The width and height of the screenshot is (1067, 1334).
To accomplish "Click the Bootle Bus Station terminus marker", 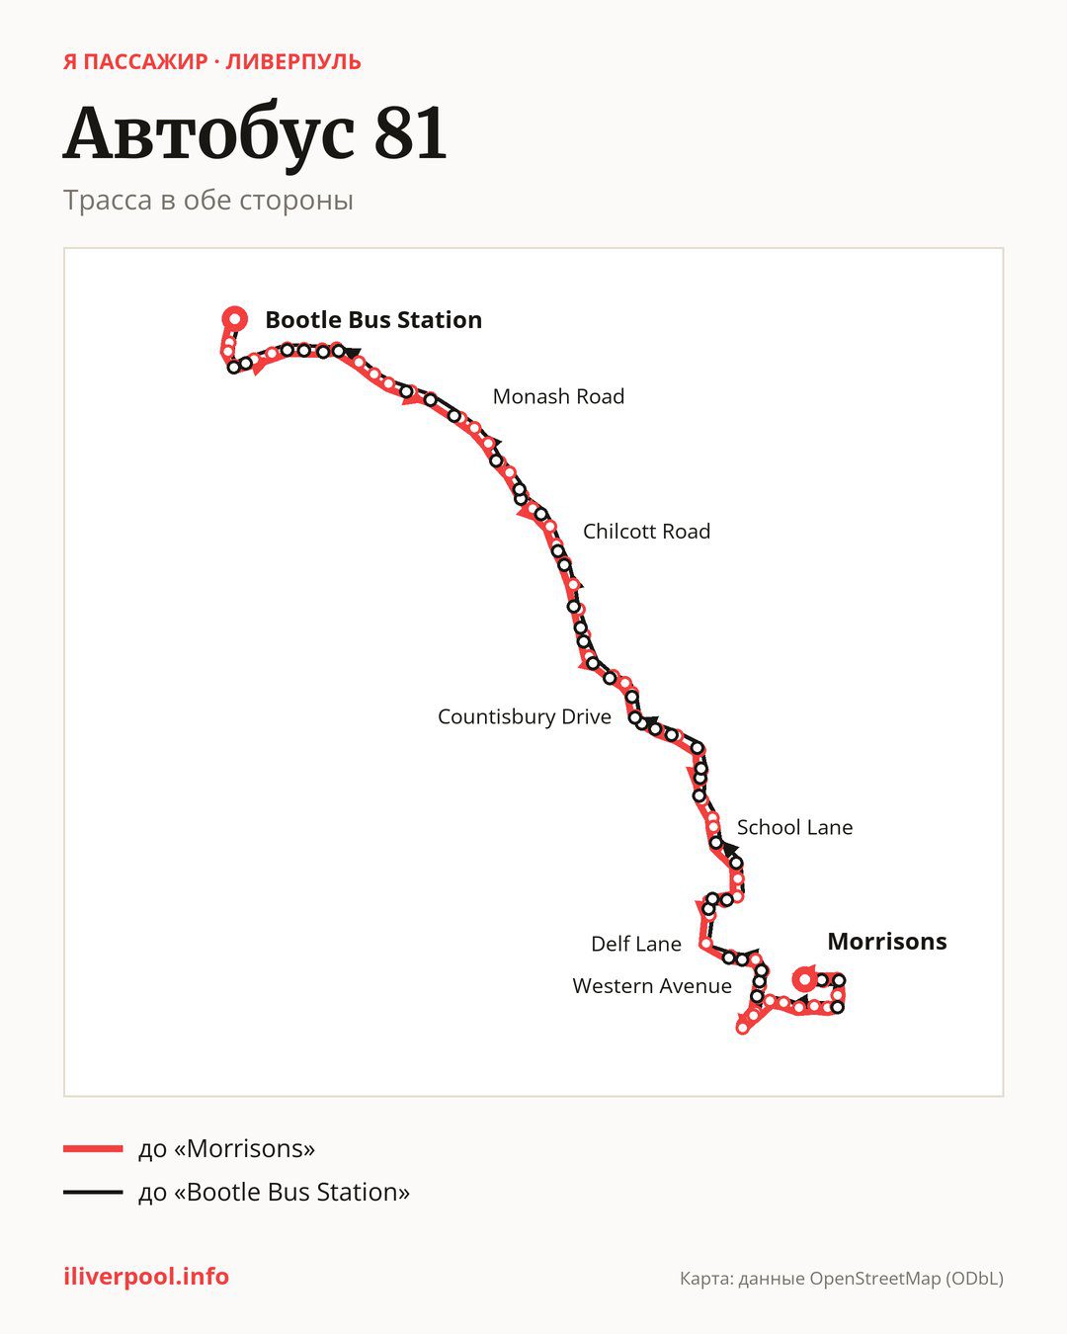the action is point(235,319).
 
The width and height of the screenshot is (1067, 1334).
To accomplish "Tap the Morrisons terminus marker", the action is point(805,979).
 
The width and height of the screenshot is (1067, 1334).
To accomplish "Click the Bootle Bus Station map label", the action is point(373,320).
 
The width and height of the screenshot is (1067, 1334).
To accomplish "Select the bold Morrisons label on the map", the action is point(887,941).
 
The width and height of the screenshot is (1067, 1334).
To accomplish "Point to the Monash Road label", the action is point(558,396).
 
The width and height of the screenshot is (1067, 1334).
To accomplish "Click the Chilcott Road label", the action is point(646,532).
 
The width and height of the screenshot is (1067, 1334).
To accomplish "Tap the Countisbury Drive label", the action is point(525,716).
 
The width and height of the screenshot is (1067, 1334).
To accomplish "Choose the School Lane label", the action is point(794,827).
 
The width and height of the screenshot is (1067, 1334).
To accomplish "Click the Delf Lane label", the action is point(636,944).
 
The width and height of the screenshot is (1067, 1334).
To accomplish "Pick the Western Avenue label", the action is point(652,985).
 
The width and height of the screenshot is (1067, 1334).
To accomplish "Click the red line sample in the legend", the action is point(93,1148).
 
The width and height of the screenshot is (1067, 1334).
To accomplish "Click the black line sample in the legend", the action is point(93,1192).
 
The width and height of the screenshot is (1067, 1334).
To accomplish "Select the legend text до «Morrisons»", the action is point(226,1148).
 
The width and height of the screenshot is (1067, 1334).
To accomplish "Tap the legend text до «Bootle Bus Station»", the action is point(274,1192).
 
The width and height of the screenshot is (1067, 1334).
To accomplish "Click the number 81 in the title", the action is point(410,133).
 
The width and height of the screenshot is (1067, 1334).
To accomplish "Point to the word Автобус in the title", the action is point(208,135).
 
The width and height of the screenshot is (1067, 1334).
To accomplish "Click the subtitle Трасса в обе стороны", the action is point(208,201).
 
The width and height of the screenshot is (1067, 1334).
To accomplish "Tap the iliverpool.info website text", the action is point(146,1277).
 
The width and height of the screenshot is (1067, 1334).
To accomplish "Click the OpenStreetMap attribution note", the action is point(842,1279).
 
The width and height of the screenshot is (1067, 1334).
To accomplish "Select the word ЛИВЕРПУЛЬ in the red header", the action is point(293,62).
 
